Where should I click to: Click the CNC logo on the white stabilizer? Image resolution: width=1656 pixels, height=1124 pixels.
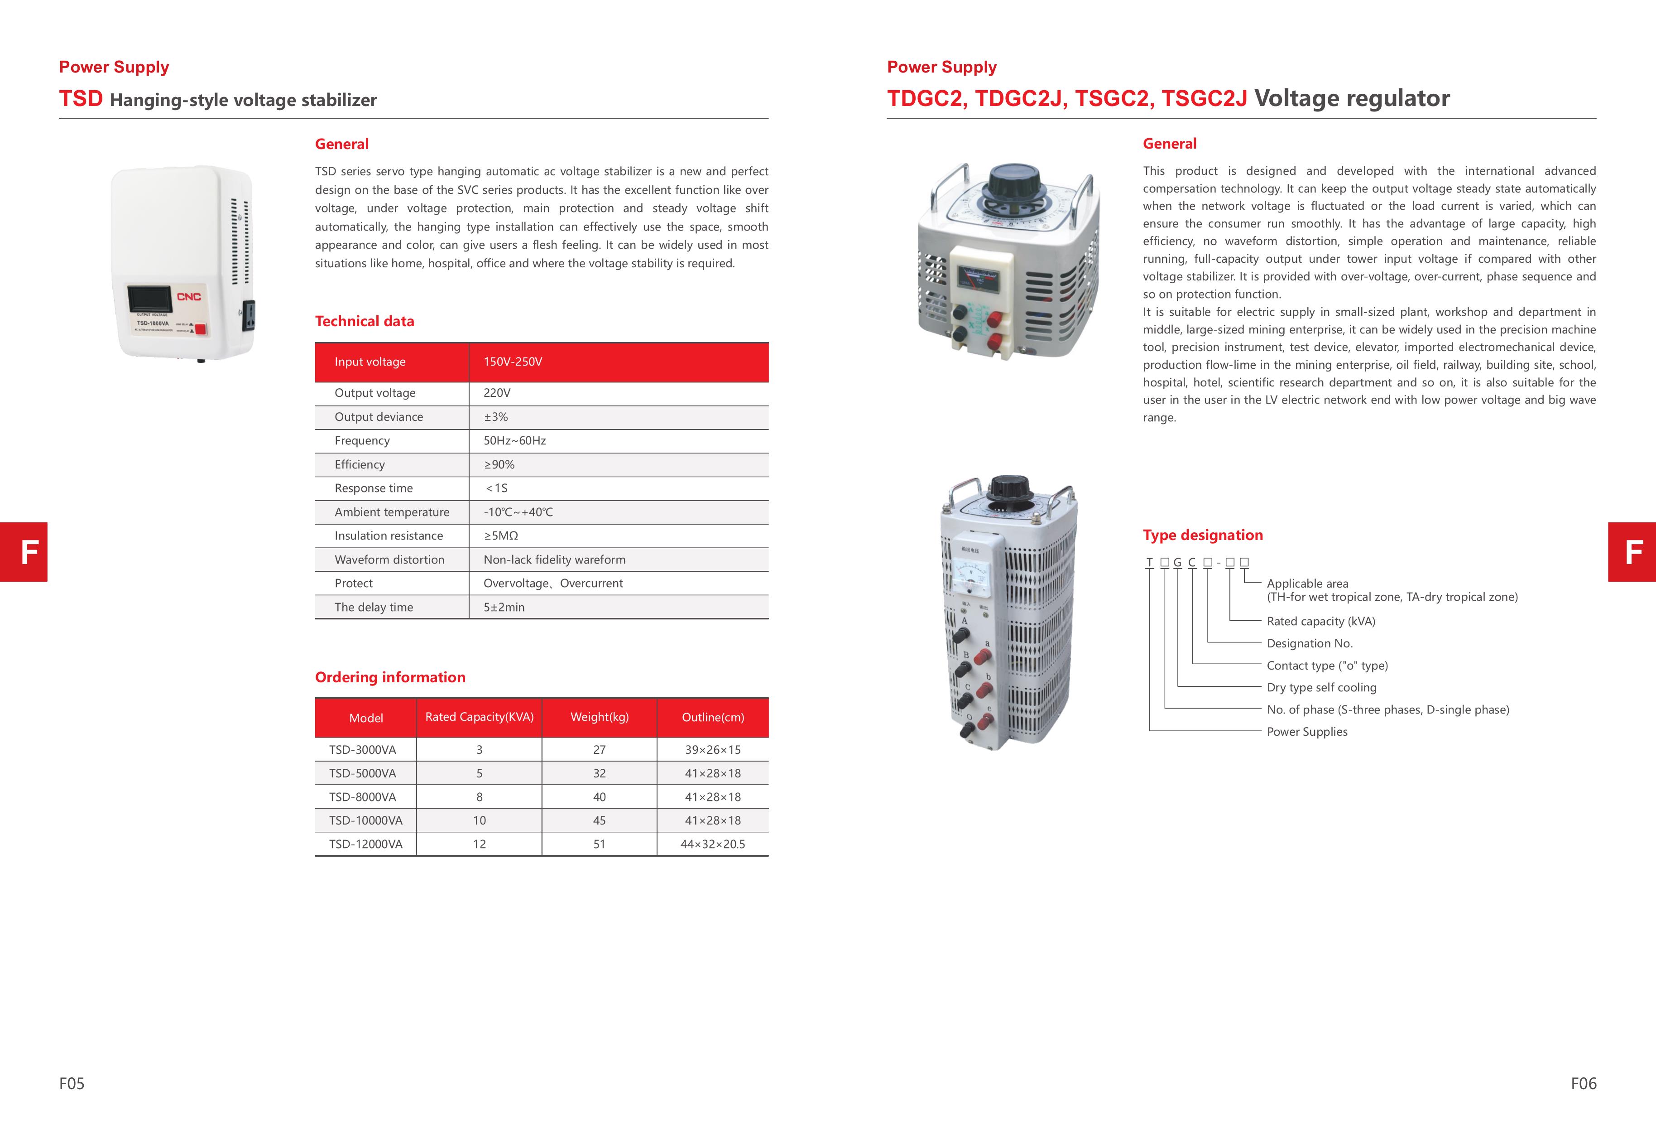click(189, 296)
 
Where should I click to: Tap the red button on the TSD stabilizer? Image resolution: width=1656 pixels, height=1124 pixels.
click(200, 328)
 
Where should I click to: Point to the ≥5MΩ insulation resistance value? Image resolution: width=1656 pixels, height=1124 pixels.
click(500, 536)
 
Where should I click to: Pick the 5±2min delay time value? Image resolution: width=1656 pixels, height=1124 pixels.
click(504, 607)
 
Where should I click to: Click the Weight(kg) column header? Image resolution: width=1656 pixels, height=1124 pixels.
click(599, 717)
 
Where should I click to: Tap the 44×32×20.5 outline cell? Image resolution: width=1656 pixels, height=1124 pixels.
click(713, 844)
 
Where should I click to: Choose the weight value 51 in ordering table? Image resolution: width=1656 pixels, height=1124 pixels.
click(599, 844)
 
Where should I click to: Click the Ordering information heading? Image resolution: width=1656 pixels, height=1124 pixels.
click(390, 677)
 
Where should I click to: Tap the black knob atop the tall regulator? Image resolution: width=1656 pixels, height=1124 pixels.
click(1010, 488)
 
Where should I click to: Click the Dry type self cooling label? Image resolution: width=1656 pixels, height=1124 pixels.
click(1321, 688)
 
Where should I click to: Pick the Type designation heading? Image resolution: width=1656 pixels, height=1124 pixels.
click(1202, 535)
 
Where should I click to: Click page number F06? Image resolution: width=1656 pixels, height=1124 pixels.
click(1583, 1083)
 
